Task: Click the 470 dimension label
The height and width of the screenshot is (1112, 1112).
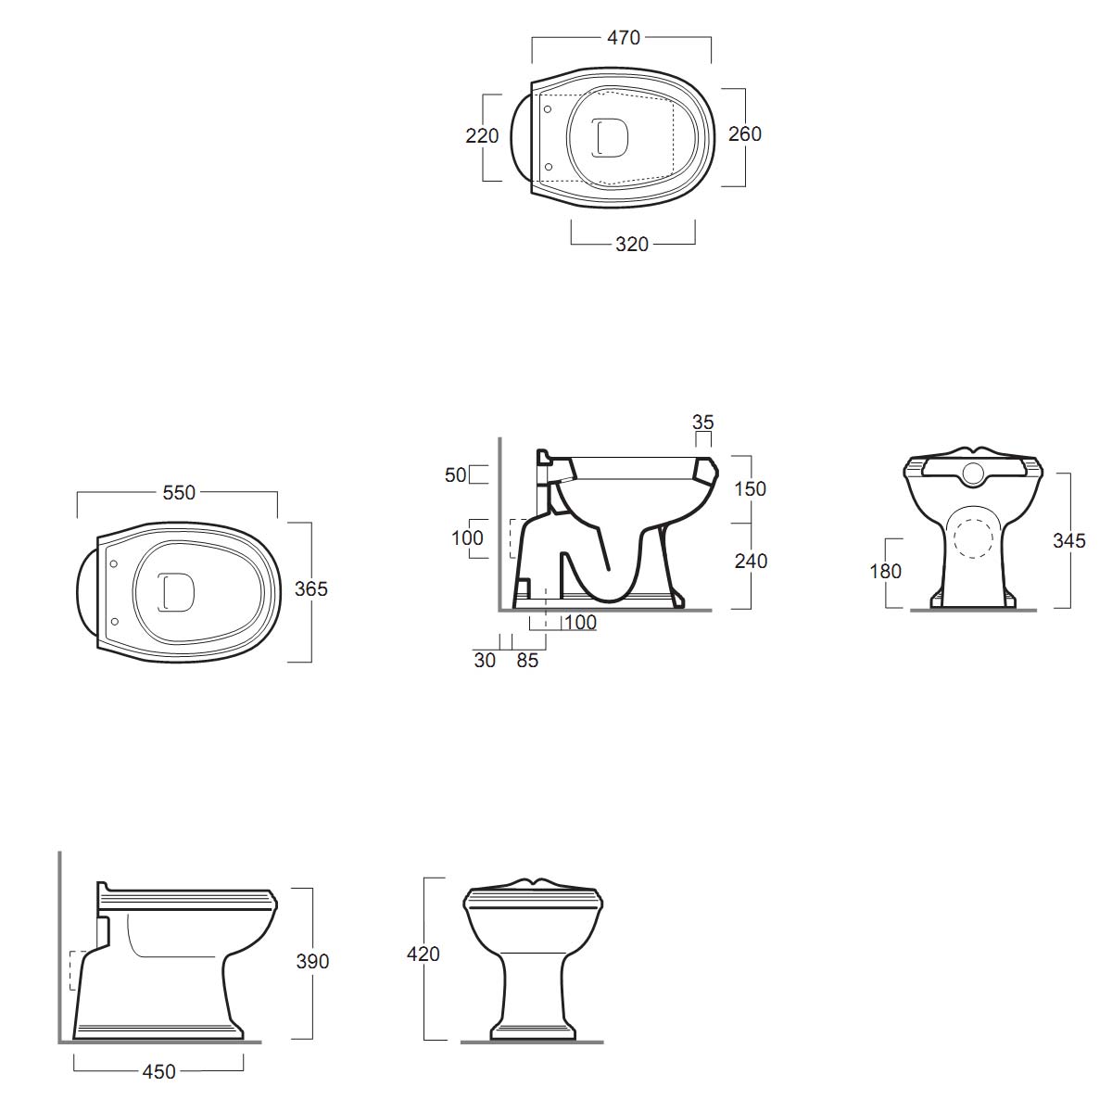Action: [624, 38]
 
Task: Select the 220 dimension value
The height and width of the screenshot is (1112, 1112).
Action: [482, 136]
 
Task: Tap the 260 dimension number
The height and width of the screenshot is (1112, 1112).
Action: [744, 134]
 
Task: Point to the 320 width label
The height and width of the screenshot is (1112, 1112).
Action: [632, 245]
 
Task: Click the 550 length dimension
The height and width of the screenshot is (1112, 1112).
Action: [179, 493]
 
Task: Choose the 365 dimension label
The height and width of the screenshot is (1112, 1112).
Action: [311, 589]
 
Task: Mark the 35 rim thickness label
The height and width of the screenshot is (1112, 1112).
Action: [702, 423]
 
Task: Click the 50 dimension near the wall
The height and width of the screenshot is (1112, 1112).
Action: [455, 475]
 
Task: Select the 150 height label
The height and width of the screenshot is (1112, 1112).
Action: [750, 489]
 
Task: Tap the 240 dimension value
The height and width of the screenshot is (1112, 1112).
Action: [751, 561]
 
